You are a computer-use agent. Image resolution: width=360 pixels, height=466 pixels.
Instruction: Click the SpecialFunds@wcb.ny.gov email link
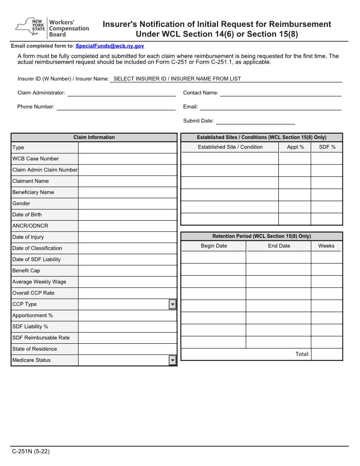109,46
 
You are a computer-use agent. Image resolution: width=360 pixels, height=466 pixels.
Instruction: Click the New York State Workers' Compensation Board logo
52,28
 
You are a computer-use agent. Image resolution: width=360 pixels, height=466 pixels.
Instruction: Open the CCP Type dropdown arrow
172,304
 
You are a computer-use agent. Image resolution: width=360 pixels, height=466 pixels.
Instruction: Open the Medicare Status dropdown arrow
172,361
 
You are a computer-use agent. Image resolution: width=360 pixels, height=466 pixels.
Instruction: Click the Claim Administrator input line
121,93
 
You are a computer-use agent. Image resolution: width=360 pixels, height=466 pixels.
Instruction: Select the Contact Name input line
281,93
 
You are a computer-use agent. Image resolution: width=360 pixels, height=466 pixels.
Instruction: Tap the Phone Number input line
116,107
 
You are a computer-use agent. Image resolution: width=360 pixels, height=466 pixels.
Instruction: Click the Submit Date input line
255,121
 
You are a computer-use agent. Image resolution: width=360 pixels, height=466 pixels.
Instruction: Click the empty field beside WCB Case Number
127,159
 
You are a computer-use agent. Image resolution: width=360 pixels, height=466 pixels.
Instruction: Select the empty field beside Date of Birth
127,215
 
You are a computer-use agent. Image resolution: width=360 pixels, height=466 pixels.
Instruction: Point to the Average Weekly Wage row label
39,282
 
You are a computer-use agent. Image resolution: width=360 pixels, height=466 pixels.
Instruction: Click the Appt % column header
295,147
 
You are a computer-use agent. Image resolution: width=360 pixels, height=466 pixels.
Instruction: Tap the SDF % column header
327,147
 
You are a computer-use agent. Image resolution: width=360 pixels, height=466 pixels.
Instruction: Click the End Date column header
279,246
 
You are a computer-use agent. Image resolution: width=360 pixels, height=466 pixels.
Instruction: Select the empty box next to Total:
326,354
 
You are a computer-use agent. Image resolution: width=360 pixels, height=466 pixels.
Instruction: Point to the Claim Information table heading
94,137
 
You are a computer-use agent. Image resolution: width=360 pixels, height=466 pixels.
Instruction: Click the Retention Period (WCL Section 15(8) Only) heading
262,236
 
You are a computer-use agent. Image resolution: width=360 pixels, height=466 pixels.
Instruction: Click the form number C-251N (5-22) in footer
31,451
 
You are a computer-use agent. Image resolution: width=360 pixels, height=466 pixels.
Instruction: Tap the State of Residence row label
34,349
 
